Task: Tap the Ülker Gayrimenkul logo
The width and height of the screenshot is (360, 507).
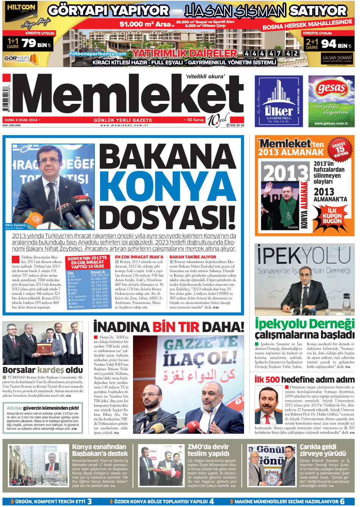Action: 279,101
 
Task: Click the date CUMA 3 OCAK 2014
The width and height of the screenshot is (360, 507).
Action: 21,120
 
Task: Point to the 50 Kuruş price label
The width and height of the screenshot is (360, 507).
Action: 195,120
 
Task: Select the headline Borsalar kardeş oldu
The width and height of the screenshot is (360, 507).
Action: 42,370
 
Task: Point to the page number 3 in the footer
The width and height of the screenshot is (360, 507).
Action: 89,501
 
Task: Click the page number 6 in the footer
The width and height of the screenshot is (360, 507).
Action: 342,501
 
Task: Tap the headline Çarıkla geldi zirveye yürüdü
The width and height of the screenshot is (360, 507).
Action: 322,450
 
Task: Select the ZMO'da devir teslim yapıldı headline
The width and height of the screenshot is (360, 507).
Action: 208,450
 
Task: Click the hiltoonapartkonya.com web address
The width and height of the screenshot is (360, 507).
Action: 98,54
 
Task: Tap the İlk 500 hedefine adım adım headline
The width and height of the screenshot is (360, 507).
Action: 304,379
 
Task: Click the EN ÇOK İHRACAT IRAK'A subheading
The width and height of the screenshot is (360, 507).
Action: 139,257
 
